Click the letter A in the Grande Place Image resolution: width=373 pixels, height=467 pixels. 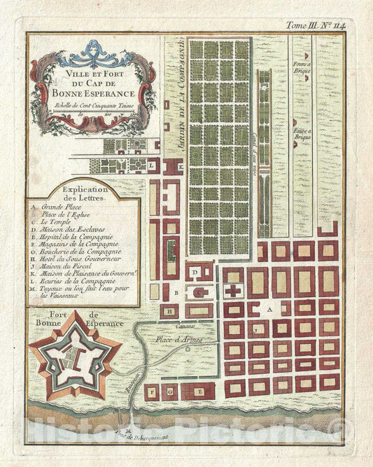(x=267, y=308)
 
